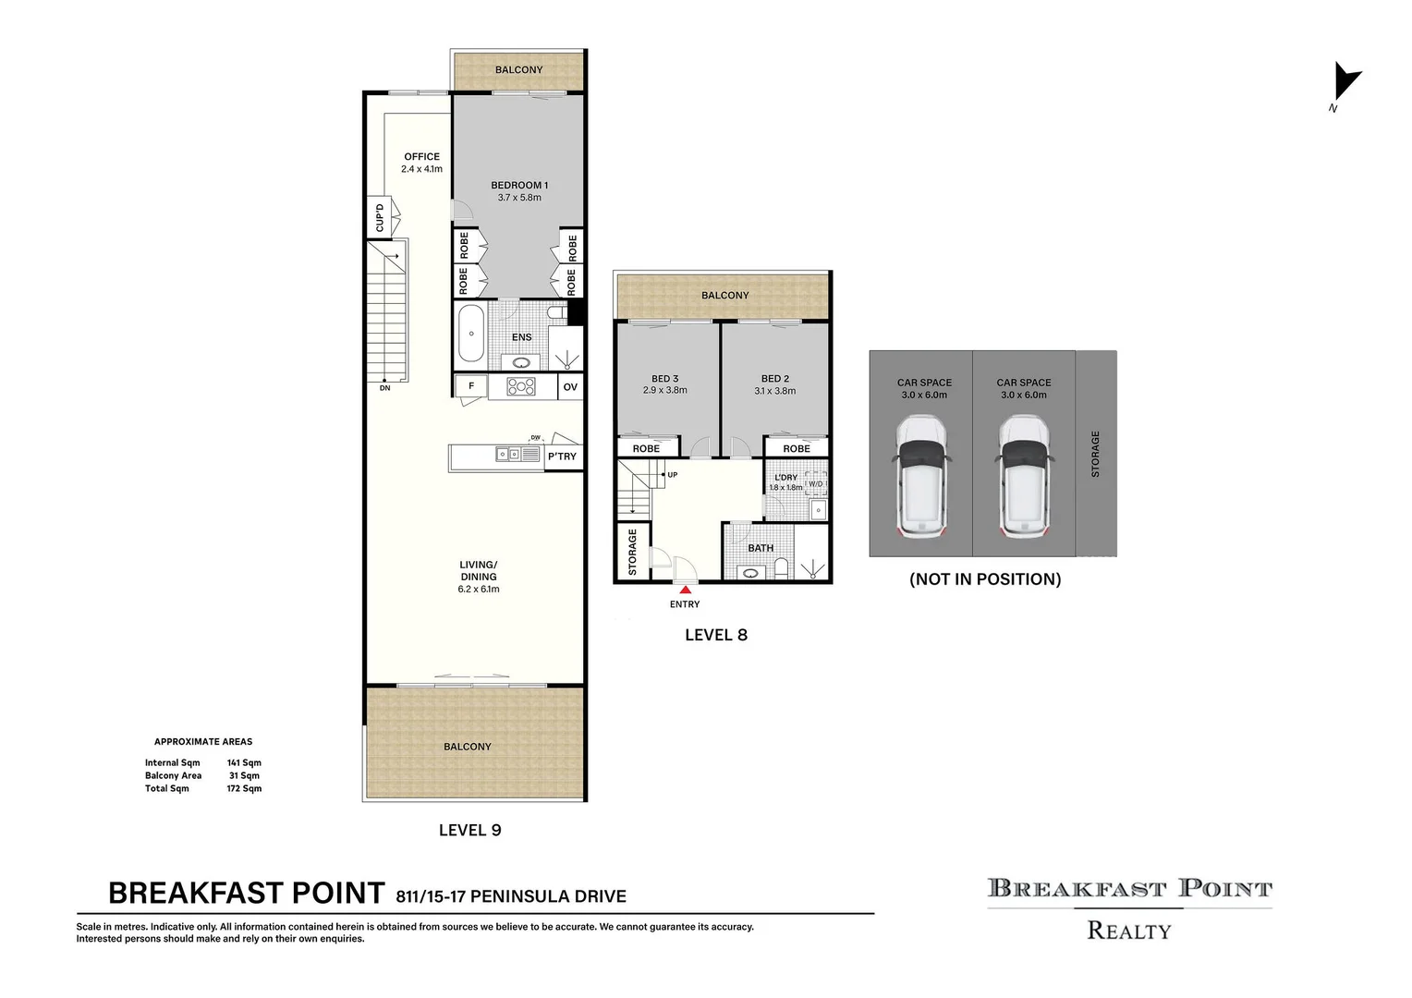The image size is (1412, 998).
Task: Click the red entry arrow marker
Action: tap(685, 589)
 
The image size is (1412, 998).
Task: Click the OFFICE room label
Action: tap(421, 156)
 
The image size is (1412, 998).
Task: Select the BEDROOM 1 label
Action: tap(519, 185)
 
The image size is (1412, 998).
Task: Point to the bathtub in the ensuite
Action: tap(471, 333)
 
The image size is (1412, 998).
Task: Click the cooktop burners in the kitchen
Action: tap(521, 387)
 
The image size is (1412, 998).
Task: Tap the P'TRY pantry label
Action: tap(562, 456)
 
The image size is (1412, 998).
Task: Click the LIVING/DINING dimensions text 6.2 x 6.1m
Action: tap(479, 590)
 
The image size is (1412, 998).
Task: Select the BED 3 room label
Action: tap(665, 379)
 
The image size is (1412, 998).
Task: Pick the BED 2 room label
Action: tap(775, 379)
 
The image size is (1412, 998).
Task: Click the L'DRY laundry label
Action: tap(785, 478)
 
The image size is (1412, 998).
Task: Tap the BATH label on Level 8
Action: tap(761, 548)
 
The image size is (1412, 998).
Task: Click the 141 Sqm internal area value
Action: tap(244, 763)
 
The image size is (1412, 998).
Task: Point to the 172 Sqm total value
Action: tap(244, 789)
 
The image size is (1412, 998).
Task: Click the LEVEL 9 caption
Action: tap(469, 831)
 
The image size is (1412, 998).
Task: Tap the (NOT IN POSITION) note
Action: tap(985, 579)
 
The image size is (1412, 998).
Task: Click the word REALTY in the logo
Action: tap(1129, 931)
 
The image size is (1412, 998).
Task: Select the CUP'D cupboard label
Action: tap(379, 219)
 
